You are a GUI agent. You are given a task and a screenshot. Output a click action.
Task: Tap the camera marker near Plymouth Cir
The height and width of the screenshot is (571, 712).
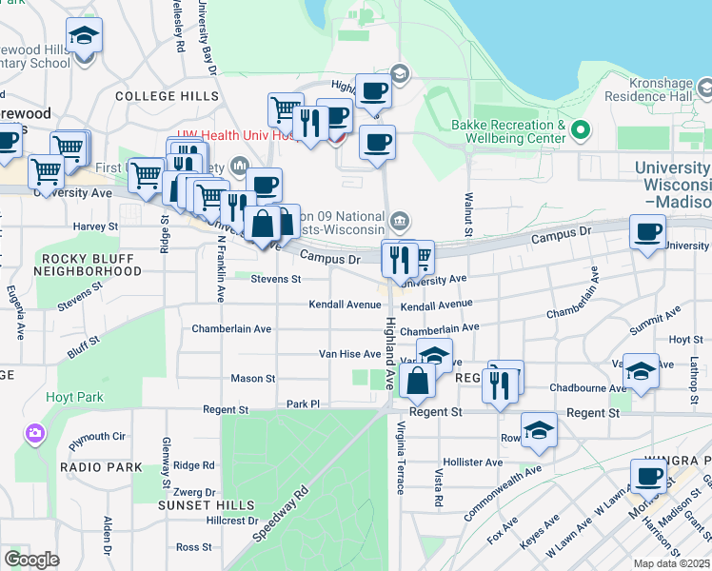[x=36, y=434]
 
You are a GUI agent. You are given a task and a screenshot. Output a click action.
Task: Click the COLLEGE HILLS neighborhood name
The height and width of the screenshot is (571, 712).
[x=160, y=96]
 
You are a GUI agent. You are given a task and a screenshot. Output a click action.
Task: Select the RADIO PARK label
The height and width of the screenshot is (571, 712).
[x=101, y=467]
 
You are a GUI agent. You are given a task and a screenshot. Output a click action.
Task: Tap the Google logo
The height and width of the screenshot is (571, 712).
[x=31, y=560]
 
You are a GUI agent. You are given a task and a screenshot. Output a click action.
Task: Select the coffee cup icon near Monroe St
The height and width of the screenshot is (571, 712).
[x=649, y=478]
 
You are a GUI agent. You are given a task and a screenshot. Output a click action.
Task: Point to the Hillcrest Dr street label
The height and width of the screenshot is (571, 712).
[x=231, y=521]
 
